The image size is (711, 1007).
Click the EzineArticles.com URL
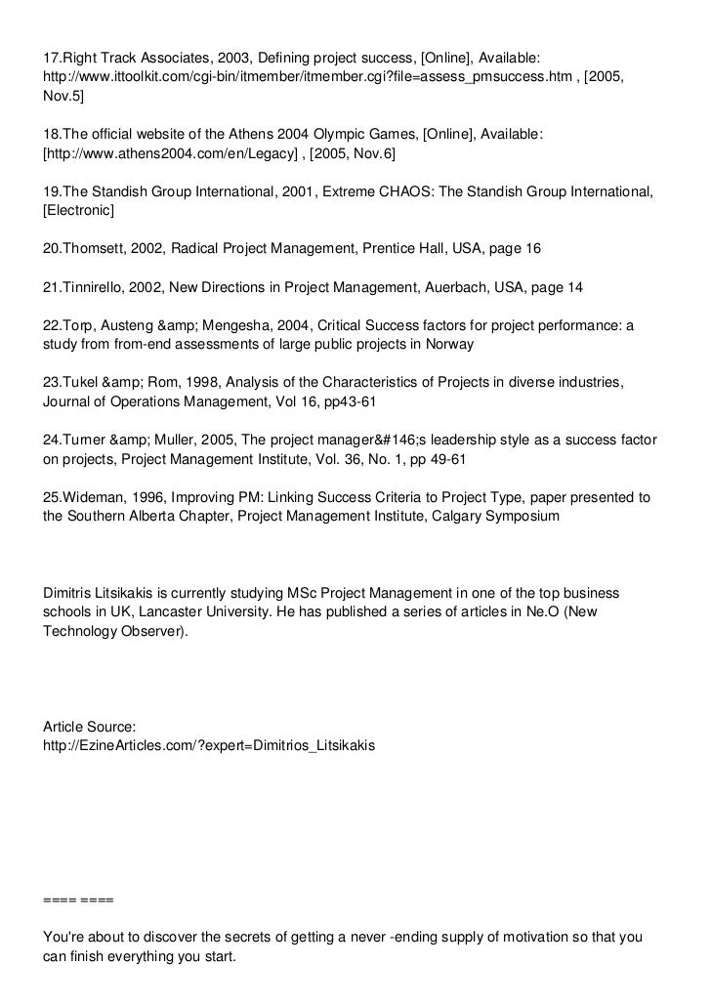click(x=208, y=744)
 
